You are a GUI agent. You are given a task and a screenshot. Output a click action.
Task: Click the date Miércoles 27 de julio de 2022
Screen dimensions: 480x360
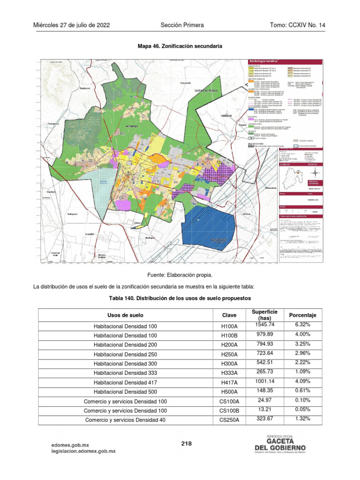pyautogui.click(x=72, y=25)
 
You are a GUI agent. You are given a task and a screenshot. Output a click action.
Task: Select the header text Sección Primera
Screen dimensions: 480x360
pyautogui.click(x=182, y=25)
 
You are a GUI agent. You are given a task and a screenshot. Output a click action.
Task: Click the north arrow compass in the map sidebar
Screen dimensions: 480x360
pyautogui.click(x=315, y=174)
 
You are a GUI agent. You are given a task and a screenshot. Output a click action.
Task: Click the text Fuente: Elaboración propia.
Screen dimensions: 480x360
pyautogui.click(x=180, y=275)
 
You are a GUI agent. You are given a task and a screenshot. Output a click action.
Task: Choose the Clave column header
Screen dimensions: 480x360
pyautogui.click(x=229, y=315)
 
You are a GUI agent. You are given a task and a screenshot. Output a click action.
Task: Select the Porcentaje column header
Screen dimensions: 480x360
pyautogui.click(x=302, y=315)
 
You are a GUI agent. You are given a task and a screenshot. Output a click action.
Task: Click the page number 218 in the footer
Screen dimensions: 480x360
pyautogui.click(x=187, y=443)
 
